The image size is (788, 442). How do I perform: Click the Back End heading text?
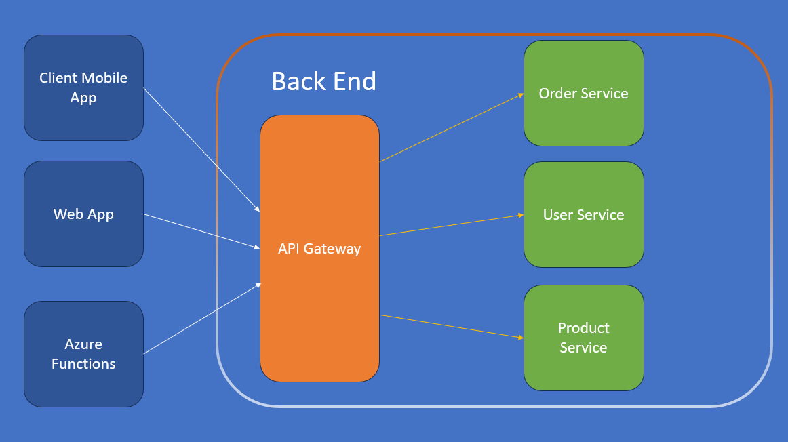click(x=323, y=81)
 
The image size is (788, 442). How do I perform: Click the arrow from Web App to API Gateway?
click(x=202, y=231)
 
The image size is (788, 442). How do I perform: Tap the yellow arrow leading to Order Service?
click(x=451, y=127)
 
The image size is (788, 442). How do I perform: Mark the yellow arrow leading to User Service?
click(x=451, y=225)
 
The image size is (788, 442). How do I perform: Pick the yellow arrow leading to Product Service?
click(x=451, y=326)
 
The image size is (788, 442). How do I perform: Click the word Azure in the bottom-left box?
click(x=83, y=344)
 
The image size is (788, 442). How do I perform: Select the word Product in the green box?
click(x=583, y=328)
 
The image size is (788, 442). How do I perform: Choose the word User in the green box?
click(x=558, y=215)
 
